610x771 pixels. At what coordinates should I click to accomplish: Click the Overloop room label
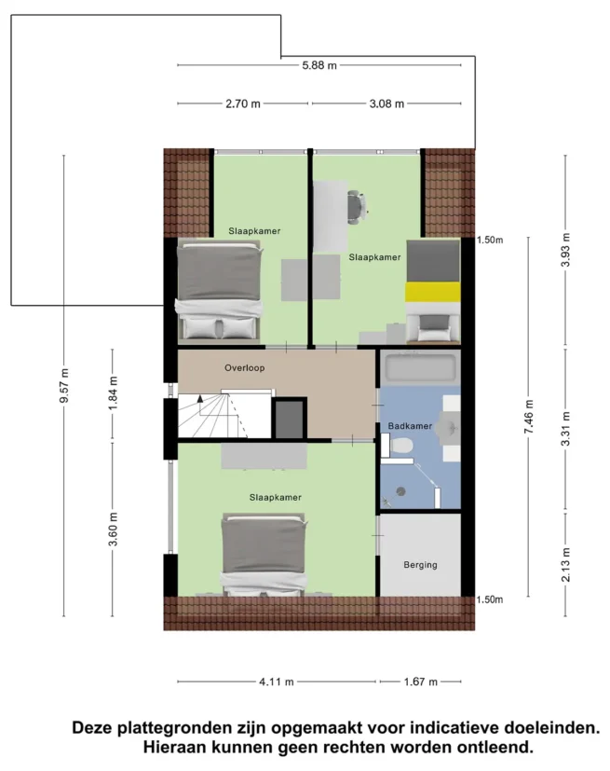(x=245, y=368)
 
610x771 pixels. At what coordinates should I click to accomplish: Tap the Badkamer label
(x=410, y=426)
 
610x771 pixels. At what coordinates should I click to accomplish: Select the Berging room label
(x=420, y=565)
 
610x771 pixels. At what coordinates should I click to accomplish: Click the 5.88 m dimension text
(x=319, y=65)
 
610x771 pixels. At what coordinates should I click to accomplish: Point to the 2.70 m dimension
(x=243, y=103)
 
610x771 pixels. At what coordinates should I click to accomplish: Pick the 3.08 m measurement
(x=386, y=103)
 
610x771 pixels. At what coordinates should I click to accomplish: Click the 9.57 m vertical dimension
(x=64, y=386)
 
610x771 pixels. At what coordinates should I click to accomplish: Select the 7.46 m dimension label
(x=529, y=417)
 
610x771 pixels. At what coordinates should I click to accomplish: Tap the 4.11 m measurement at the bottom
(x=277, y=682)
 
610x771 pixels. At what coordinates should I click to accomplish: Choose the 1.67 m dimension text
(x=420, y=682)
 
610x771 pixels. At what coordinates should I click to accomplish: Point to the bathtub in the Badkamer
(x=421, y=367)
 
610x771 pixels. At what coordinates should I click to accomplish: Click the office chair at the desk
(x=358, y=207)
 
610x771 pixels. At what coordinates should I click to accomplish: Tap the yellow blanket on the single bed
(x=432, y=292)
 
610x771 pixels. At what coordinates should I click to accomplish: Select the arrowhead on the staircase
(x=200, y=399)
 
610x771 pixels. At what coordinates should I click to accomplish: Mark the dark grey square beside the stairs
(x=289, y=418)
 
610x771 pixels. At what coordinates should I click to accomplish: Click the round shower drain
(x=402, y=490)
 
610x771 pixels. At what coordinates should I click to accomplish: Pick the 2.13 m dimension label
(x=566, y=564)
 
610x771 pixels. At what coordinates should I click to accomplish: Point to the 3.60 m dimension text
(x=114, y=530)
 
